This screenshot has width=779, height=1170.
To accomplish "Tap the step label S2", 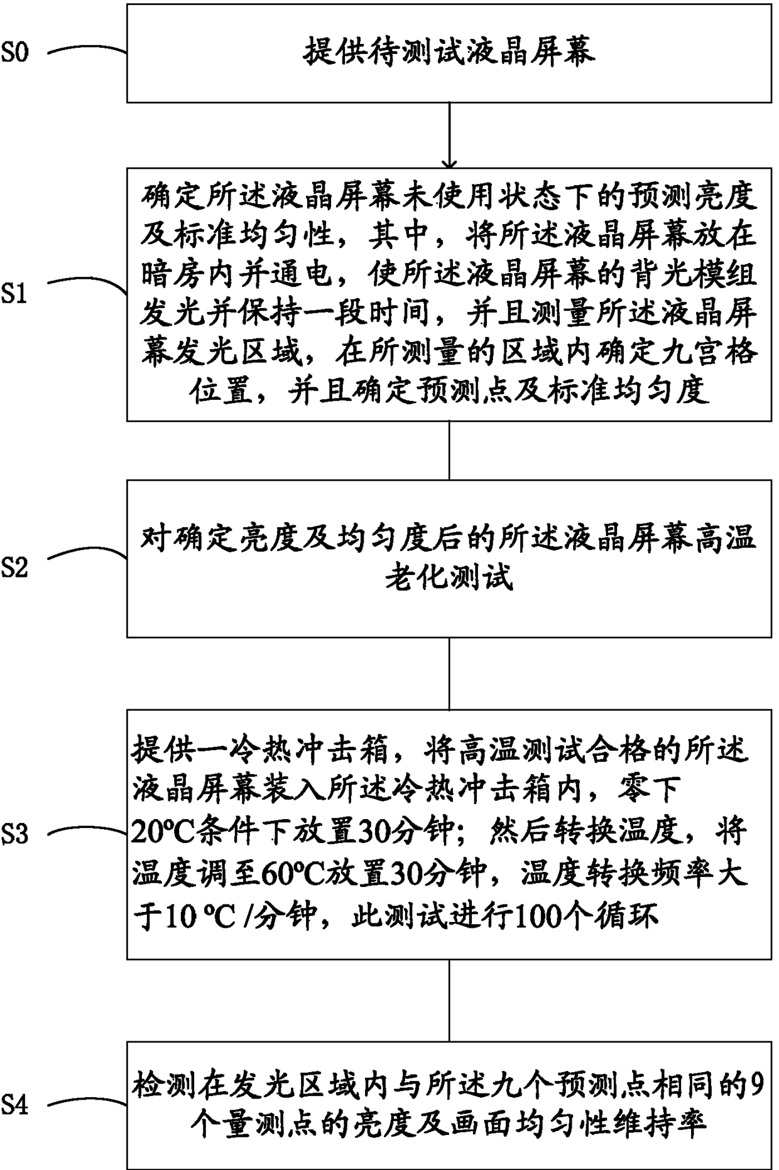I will click(14, 568).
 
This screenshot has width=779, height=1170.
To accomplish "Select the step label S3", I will click(14, 834).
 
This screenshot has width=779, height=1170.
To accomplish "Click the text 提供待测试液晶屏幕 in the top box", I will click(449, 53).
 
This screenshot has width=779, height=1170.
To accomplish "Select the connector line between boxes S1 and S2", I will click(449, 450).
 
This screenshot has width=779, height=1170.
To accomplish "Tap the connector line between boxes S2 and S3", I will click(449, 674).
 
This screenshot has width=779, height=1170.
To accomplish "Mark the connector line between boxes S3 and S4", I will click(449, 1000).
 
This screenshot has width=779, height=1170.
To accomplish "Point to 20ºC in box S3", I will click(156, 833).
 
